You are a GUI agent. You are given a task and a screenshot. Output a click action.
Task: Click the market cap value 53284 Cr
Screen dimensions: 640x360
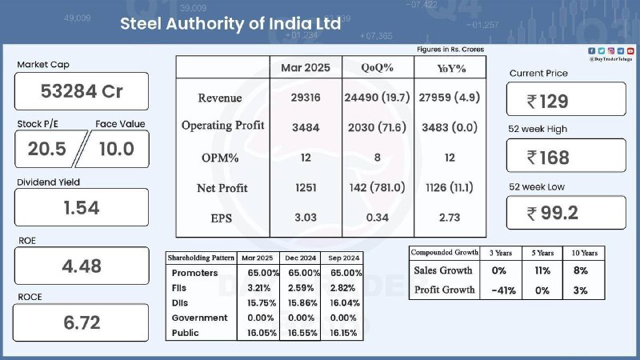(x=82, y=91)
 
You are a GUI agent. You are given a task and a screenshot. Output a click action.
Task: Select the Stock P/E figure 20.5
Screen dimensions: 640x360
(x=47, y=149)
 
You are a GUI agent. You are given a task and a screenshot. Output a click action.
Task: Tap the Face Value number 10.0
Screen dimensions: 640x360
(x=117, y=149)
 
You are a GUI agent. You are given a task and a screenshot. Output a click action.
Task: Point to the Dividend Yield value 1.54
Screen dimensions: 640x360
(x=82, y=208)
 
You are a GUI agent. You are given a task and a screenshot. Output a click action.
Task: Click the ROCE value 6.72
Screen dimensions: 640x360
(x=82, y=322)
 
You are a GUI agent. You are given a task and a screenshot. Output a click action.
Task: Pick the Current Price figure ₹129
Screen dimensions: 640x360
(x=548, y=102)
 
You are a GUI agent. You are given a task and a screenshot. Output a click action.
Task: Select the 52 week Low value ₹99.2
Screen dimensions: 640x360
(x=552, y=213)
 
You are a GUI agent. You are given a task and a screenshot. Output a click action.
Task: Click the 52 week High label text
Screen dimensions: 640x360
(x=538, y=129)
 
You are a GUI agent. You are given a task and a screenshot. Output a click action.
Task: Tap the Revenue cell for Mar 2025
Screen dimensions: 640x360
(x=306, y=98)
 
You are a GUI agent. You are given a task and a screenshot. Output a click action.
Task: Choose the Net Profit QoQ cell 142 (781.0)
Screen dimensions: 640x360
(x=377, y=187)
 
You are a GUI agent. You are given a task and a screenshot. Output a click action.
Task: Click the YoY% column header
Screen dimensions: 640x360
(x=451, y=68)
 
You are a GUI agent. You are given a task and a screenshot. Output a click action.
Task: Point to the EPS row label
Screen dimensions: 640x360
(x=222, y=218)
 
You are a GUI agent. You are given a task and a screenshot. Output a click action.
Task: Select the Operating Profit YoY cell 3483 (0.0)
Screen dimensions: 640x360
(x=450, y=127)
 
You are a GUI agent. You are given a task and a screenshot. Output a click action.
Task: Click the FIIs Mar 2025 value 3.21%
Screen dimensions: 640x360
(x=258, y=288)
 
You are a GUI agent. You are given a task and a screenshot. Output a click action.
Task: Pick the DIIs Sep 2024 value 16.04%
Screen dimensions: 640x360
(x=345, y=303)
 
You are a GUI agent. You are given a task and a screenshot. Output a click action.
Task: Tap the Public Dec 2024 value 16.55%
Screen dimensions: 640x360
(x=302, y=333)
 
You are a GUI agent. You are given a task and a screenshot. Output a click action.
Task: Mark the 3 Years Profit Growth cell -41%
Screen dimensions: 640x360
(x=504, y=290)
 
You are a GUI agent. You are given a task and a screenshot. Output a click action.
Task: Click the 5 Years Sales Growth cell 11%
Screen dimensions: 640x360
(x=542, y=270)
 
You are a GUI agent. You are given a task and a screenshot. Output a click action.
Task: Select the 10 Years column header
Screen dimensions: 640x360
(x=585, y=253)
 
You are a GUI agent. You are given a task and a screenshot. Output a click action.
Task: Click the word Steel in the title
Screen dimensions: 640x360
(x=141, y=24)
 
